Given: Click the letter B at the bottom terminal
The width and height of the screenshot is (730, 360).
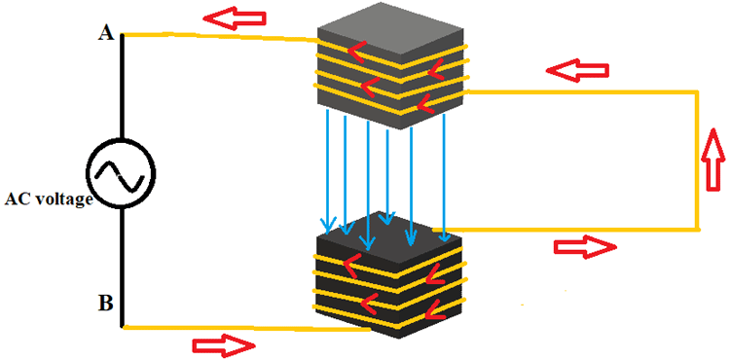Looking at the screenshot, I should click(105, 303).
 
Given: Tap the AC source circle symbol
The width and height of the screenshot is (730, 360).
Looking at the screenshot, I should click(121, 172).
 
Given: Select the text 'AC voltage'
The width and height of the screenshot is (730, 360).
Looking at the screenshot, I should click(48, 199).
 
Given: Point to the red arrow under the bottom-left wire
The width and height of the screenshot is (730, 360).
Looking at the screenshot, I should click(223, 344).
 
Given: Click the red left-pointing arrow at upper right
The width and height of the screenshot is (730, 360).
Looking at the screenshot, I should click(576, 70).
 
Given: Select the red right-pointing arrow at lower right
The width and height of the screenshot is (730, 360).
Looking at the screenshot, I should click(585, 247).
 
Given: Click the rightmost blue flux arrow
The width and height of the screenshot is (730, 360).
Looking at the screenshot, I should click(444, 175).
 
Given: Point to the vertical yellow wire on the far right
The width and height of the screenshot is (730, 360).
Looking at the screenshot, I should click(697, 161).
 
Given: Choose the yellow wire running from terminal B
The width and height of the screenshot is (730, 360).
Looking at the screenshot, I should click(243, 328).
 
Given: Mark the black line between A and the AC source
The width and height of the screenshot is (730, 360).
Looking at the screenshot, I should click(122, 88).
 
